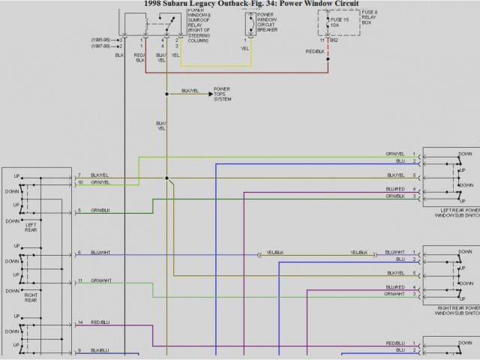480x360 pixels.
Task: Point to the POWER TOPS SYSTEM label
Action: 223,94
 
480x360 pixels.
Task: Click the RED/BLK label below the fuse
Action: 315,51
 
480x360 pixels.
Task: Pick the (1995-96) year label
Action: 103,39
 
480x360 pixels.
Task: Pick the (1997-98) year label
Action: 103,46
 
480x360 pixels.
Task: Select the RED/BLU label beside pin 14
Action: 100,322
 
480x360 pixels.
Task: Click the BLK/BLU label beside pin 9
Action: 100,350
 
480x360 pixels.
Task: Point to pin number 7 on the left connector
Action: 79,175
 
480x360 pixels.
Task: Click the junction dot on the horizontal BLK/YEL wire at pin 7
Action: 166,178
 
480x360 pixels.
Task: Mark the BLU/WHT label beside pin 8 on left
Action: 100,253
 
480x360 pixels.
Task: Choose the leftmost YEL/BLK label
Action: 274,253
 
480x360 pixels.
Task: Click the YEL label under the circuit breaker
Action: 244,48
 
